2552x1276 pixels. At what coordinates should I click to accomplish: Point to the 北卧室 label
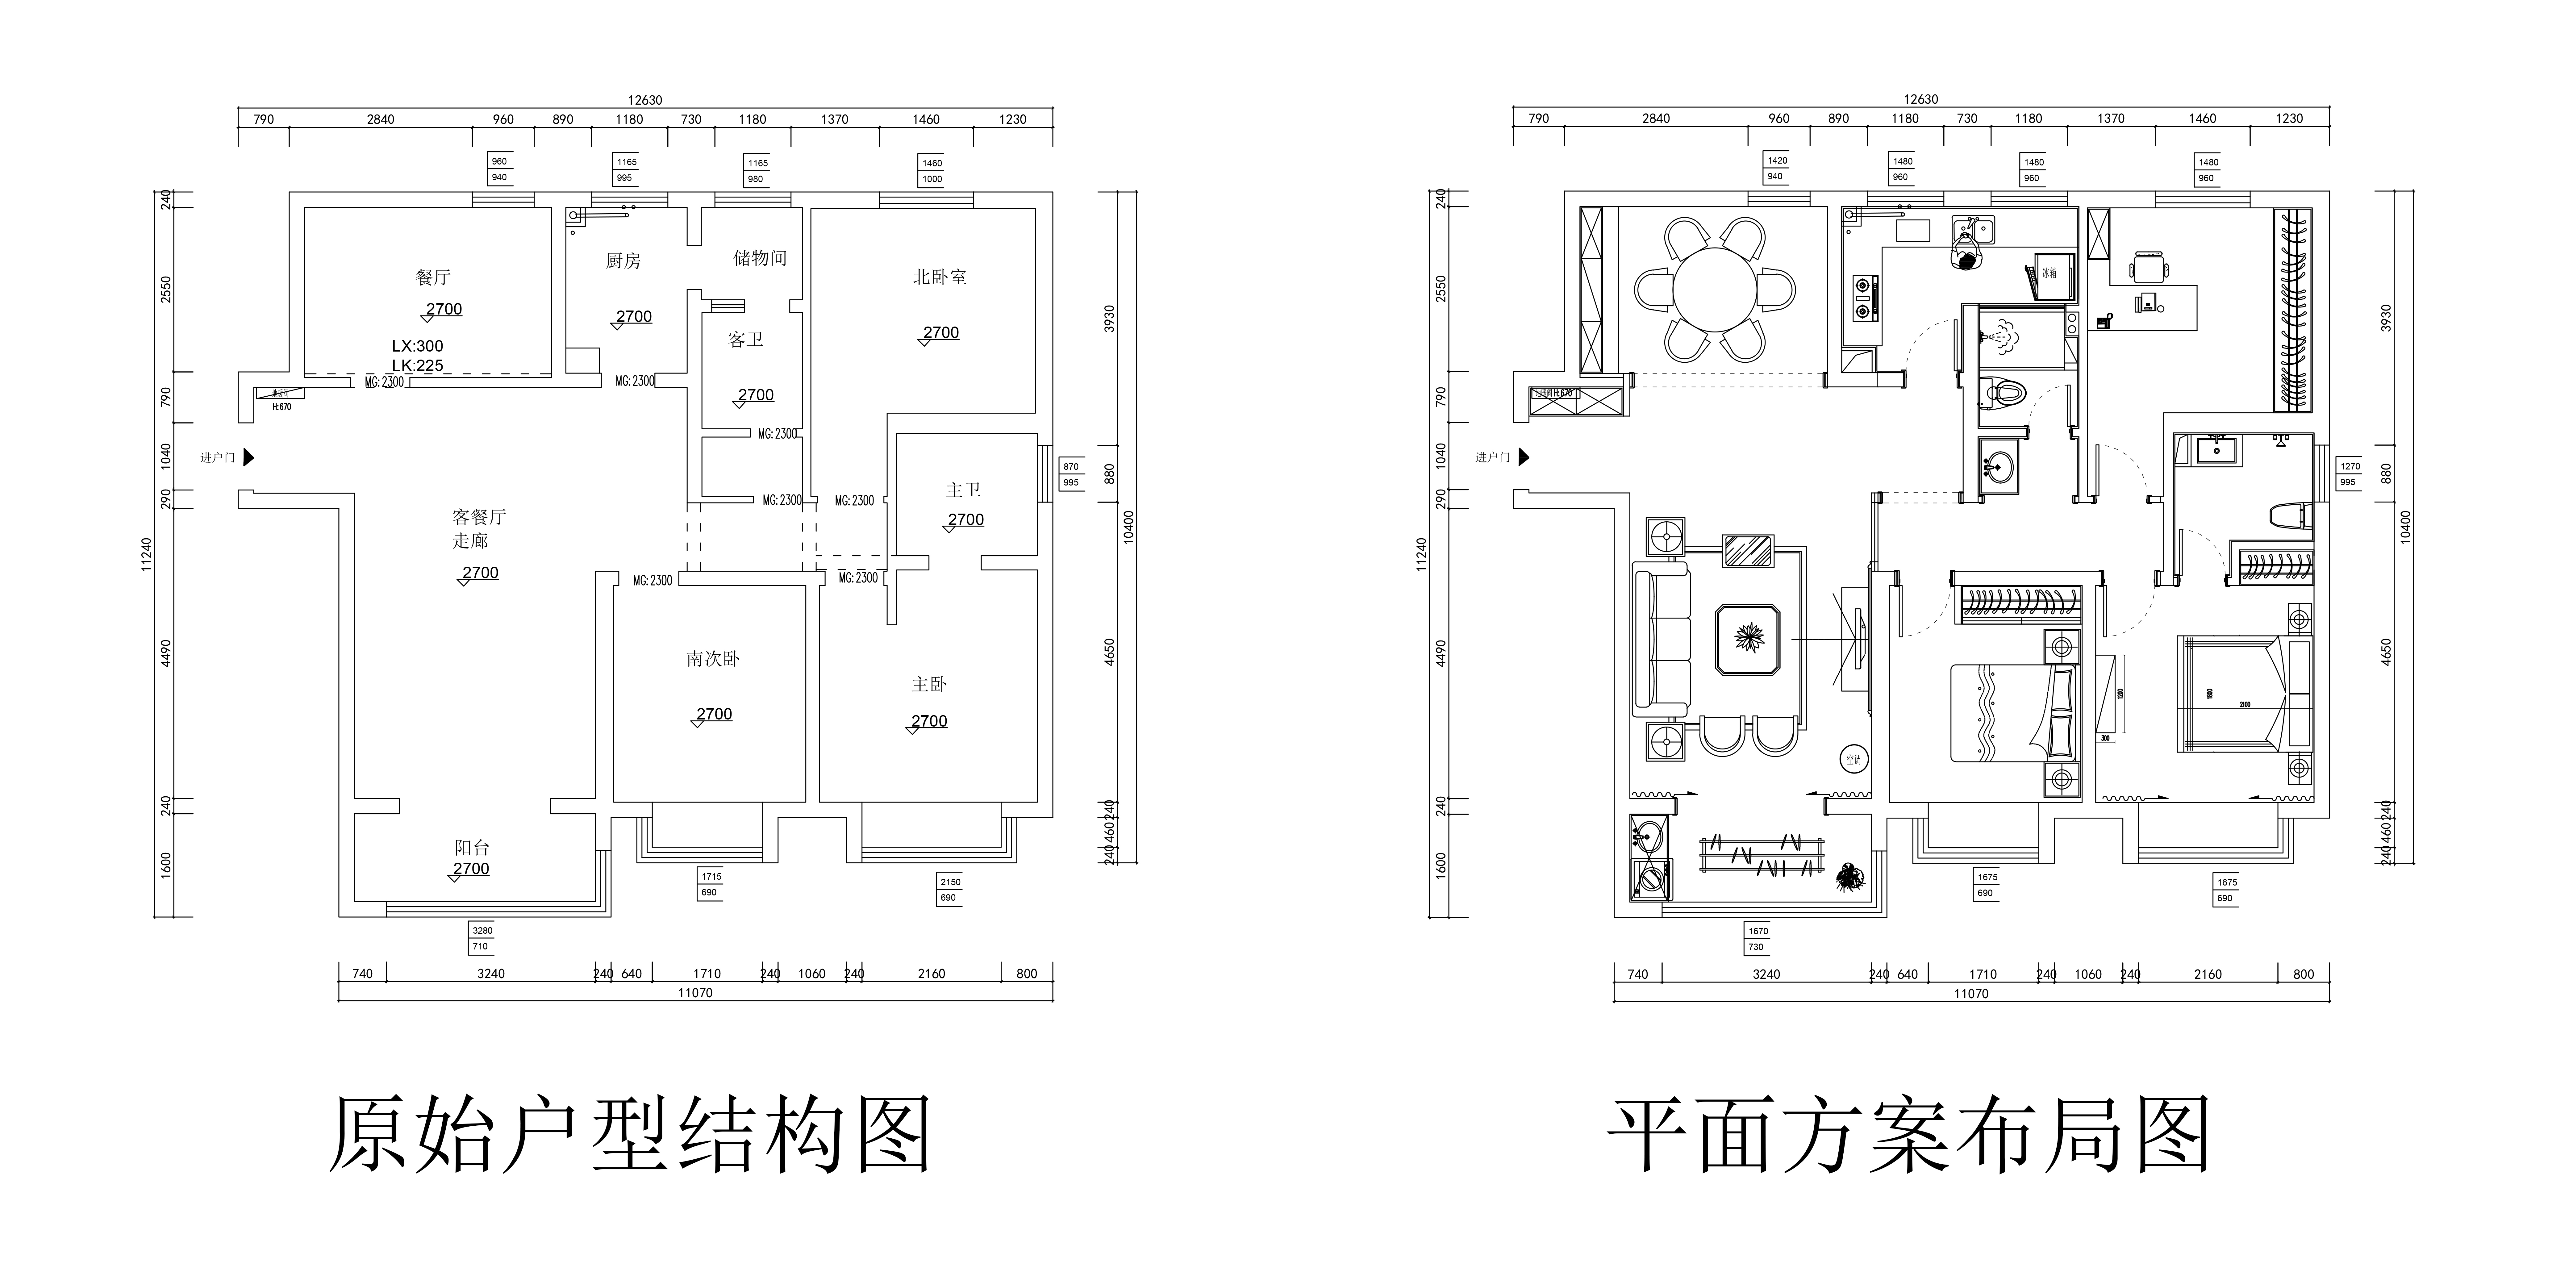click(939, 277)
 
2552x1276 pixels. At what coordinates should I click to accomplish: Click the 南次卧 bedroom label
click(712, 659)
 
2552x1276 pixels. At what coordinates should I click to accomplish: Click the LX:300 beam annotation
click(417, 346)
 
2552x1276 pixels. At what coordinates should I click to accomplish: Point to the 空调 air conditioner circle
click(1853, 760)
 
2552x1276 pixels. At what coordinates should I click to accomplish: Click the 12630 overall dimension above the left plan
click(645, 100)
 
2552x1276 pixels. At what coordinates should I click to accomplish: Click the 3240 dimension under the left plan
click(490, 974)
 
